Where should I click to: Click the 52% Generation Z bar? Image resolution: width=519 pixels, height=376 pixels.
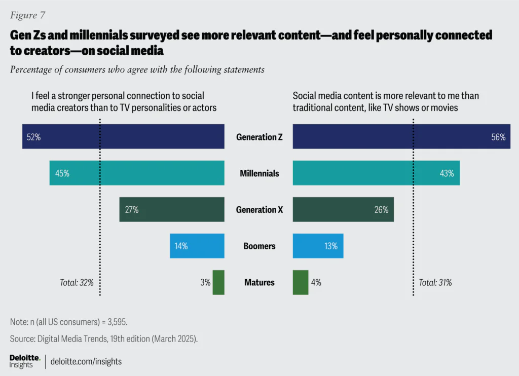coord(123,137)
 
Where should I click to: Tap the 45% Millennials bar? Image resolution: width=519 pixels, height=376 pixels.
coord(137,173)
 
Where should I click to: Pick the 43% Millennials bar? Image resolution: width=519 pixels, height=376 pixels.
coord(376,173)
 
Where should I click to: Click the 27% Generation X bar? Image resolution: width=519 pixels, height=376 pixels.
coord(172,210)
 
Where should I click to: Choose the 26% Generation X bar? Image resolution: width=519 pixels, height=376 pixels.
coord(343,210)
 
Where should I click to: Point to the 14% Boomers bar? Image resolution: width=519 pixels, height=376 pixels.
coord(197,246)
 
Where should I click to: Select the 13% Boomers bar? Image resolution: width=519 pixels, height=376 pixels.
coord(318,246)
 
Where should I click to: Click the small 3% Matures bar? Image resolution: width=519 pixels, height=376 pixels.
coord(218,282)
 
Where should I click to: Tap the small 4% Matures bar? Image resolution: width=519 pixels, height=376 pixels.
coord(301,282)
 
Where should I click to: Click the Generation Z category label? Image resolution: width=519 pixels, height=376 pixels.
coord(259,137)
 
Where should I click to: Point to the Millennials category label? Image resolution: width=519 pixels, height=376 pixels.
coord(259,173)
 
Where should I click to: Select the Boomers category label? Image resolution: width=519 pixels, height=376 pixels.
coord(259,246)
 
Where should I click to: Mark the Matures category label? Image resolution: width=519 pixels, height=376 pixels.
coord(259,282)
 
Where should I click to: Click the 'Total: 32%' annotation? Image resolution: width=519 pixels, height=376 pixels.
coord(77,283)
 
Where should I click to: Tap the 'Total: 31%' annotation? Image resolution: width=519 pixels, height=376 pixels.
coord(435,283)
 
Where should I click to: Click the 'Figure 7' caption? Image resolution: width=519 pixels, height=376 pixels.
coord(27,15)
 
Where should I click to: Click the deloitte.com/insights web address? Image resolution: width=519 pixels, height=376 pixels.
coord(86,362)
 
